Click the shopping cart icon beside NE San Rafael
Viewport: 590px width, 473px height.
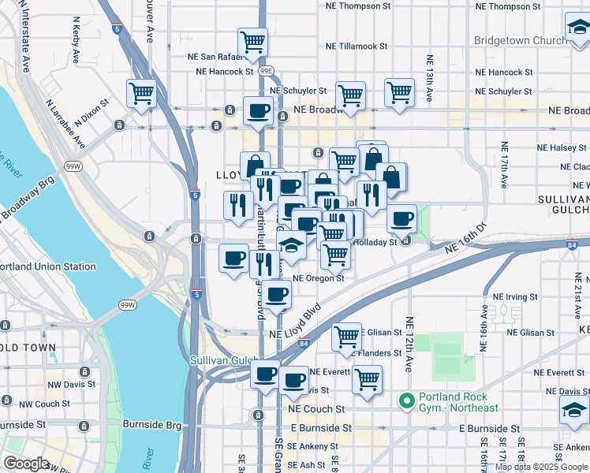(252, 42)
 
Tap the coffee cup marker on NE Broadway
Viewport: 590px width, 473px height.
(258, 110)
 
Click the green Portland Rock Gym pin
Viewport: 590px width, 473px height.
(407, 402)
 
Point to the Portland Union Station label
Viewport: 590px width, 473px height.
(47, 266)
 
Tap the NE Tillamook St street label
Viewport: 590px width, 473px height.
(357, 46)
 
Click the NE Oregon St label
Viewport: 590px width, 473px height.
(319, 277)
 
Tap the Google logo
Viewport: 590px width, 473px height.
(26, 464)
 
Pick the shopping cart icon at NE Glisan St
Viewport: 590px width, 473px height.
(346, 337)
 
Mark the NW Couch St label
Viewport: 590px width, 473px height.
(45, 404)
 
